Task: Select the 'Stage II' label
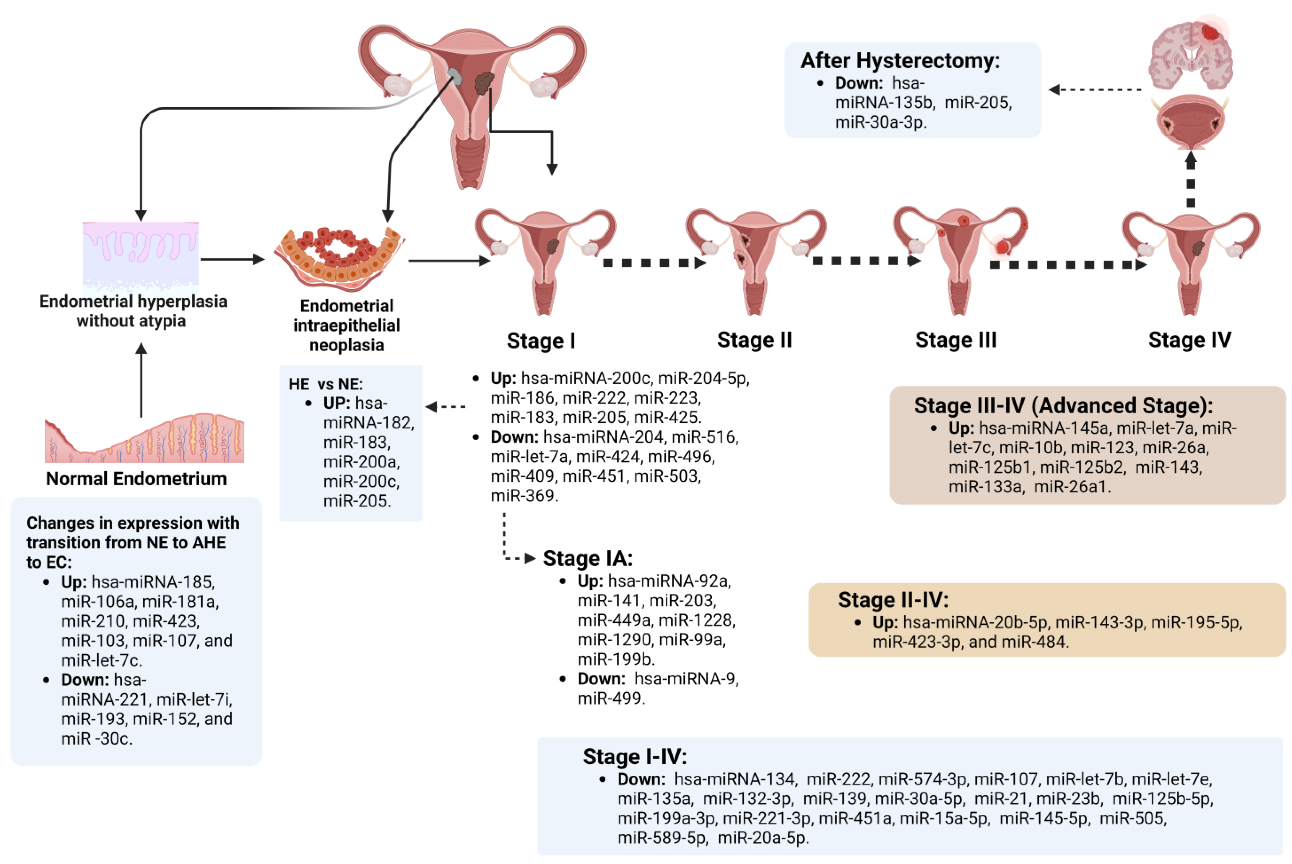point(754,340)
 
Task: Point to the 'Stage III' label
point(956,340)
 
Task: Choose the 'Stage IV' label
point(1189,340)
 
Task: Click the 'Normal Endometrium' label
point(136,479)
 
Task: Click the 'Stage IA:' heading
point(588,558)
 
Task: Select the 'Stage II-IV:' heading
point(893,600)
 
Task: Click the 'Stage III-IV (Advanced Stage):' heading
point(1063,405)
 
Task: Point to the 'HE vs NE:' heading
point(326,384)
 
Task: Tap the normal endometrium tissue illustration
point(144,439)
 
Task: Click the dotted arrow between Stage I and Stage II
point(654,263)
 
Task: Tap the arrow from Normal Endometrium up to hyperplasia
point(141,380)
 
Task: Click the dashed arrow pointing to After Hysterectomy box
point(1095,89)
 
